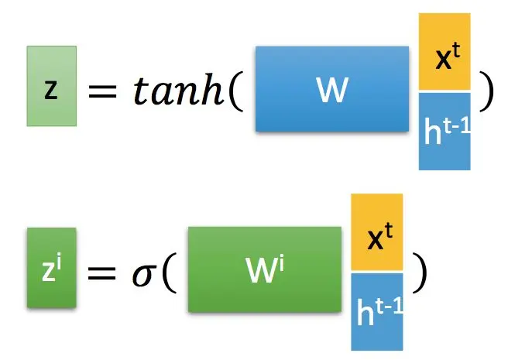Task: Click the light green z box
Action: pos(52,85)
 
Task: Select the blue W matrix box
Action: pos(331,88)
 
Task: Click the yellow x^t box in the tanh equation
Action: pos(444,52)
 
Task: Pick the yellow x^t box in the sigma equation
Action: pos(377,232)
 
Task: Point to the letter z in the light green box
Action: pos(51,88)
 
